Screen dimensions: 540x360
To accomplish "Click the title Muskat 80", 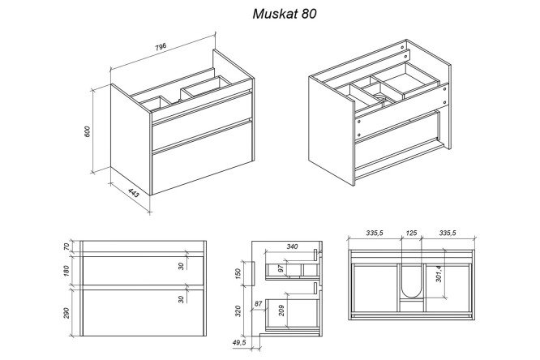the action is coord(285,14).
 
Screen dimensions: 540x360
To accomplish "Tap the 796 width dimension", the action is coord(161,47).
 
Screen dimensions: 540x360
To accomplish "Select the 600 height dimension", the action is coord(87,132).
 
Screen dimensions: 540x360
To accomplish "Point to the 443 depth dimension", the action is coord(134,193).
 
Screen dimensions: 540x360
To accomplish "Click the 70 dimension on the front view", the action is coord(66,246).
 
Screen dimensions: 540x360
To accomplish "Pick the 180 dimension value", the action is coord(66,271).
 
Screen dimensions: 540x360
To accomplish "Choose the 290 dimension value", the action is coord(66,313).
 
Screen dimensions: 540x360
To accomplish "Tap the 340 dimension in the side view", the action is coord(292,246).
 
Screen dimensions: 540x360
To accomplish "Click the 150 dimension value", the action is coord(238,273).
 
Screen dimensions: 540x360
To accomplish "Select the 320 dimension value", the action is coord(238,311).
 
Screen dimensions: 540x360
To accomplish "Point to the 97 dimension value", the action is coord(281,268).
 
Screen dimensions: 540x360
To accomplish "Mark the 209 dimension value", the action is coord(281,311).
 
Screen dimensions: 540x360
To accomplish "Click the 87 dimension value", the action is coord(258,304).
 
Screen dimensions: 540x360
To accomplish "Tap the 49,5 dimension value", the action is coord(239,342).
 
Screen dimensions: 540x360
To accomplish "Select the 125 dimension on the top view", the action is coord(411,234).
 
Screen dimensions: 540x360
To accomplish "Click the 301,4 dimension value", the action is coord(439,274).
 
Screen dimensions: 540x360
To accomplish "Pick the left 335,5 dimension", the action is coord(375,234).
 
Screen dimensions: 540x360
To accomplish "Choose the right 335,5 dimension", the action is coord(448,234).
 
